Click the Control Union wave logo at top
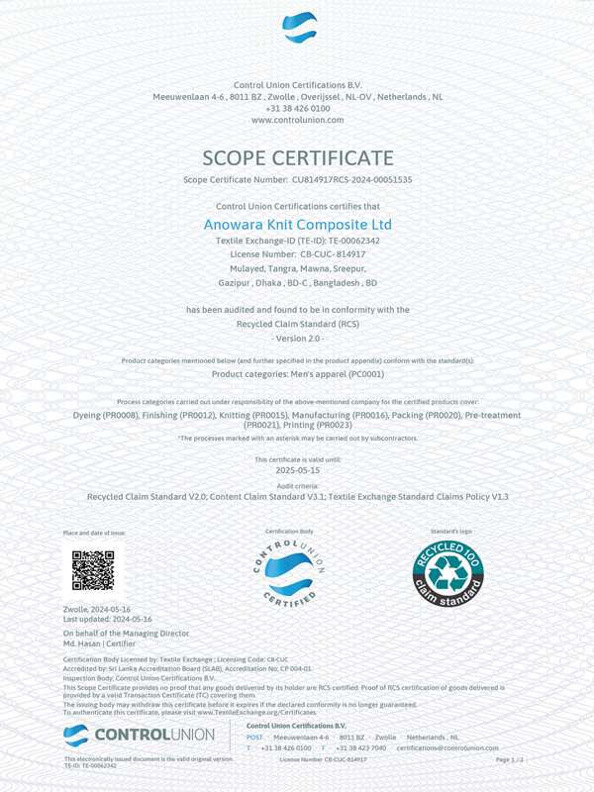pyautogui.click(x=298, y=28)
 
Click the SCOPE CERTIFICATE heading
pyautogui.click(x=297, y=158)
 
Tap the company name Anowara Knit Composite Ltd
pyautogui.click(x=297, y=225)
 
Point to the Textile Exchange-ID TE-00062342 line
pyautogui.click(x=297, y=241)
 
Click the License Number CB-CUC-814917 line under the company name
pyautogui.click(x=297, y=253)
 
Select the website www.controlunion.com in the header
pyautogui.click(x=297, y=119)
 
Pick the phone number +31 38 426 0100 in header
pyautogui.click(x=297, y=108)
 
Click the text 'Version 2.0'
pyautogui.click(x=297, y=338)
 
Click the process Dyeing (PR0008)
pyautogui.click(x=105, y=415)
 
